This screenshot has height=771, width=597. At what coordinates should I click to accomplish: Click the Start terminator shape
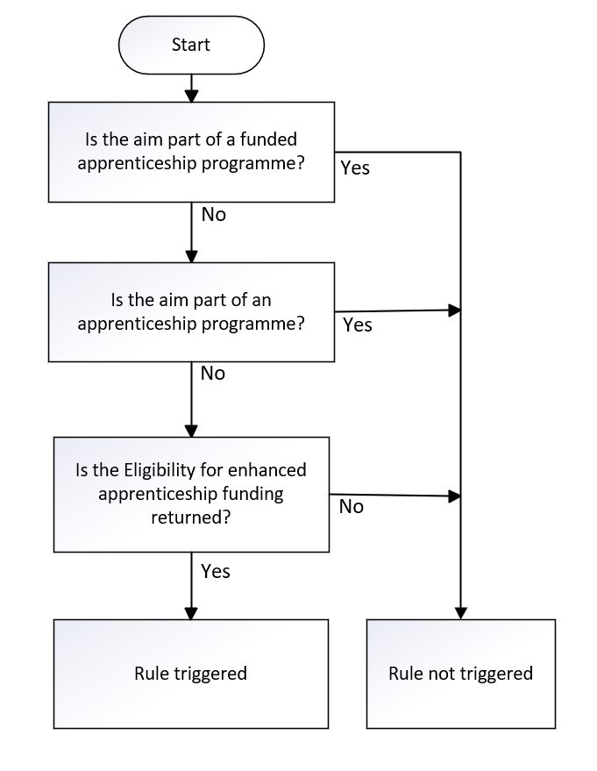click(191, 45)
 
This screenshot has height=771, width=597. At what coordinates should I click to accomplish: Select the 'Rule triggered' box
click(190, 674)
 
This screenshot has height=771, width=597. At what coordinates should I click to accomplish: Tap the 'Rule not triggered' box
click(461, 674)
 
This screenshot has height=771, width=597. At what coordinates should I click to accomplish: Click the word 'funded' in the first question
click(268, 139)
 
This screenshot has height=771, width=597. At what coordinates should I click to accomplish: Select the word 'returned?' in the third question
click(190, 518)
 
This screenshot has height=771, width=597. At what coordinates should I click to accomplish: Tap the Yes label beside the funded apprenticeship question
click(355, 168)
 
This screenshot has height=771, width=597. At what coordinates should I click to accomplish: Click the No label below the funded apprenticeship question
click(214, 214)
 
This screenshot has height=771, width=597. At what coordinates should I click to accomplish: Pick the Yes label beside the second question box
click(358, 325)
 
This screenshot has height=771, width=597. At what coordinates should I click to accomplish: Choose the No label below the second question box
click(213, 373)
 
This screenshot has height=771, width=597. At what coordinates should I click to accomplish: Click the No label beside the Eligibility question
click(352, 506)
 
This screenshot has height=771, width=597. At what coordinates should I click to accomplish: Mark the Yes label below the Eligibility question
click(215, 571)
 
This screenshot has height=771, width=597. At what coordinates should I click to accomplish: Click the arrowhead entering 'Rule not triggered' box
click(461, 612)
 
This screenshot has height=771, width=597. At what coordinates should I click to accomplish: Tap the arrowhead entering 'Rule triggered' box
click(191, 612)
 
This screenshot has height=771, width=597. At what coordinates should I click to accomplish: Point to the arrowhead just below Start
click(191, 96)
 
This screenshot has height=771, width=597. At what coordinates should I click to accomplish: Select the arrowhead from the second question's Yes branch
click(454, 311)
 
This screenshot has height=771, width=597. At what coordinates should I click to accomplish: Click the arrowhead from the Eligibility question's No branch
click(454, 496)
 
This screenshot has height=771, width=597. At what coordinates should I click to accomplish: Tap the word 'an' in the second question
click(261, 300)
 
